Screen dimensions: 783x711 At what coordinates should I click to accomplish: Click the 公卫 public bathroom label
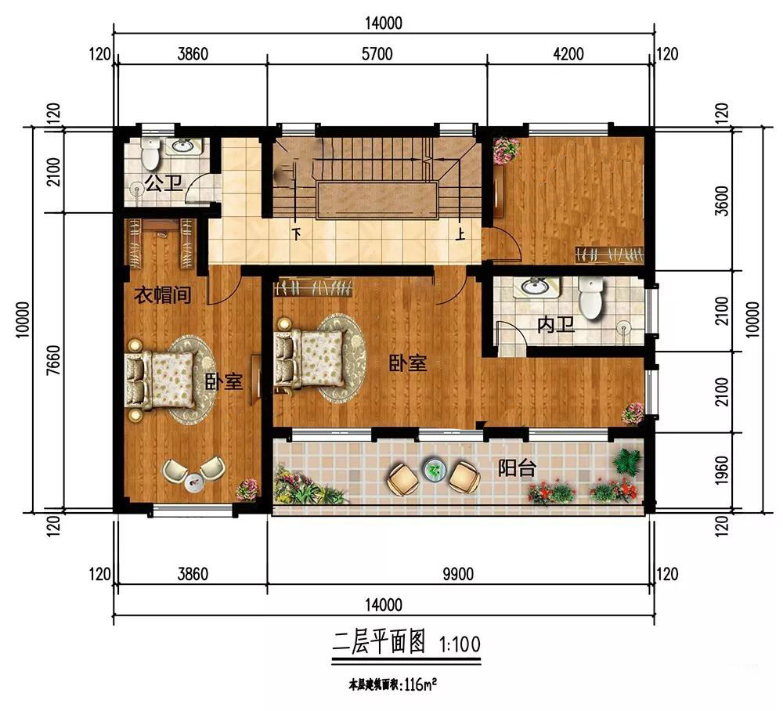tap(163, 183)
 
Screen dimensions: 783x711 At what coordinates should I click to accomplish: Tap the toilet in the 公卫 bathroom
tap(150, 152)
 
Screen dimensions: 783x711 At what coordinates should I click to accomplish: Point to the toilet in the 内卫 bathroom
tap(590, 298)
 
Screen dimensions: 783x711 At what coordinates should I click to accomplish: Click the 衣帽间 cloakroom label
tap(162, 294)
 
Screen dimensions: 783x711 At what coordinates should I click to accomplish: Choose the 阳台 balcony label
tap(517, 467)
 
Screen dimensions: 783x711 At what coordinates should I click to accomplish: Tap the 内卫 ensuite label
tap(556, 325)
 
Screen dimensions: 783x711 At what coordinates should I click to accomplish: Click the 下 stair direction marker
tap(298, 233)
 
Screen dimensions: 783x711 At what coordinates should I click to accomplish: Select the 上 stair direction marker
tap(460, 233)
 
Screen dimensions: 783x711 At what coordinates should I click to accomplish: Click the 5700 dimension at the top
tap(377, 54)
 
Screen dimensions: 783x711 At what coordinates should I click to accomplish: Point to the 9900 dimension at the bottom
tap(458, 574)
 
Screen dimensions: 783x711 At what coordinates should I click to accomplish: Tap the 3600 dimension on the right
tap(722, 200)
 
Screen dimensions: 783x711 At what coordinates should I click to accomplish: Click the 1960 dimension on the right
tap(722, 470)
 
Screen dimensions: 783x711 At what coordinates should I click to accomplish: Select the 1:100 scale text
tap(460, 644)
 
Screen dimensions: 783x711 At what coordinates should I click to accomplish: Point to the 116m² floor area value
tap(420, 684)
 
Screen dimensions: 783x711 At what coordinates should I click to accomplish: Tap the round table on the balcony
tap(433, 470)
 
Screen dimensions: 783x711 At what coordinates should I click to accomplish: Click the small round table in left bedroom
tap(194, 482)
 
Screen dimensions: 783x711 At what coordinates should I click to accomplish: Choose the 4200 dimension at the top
tap(568, 54)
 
